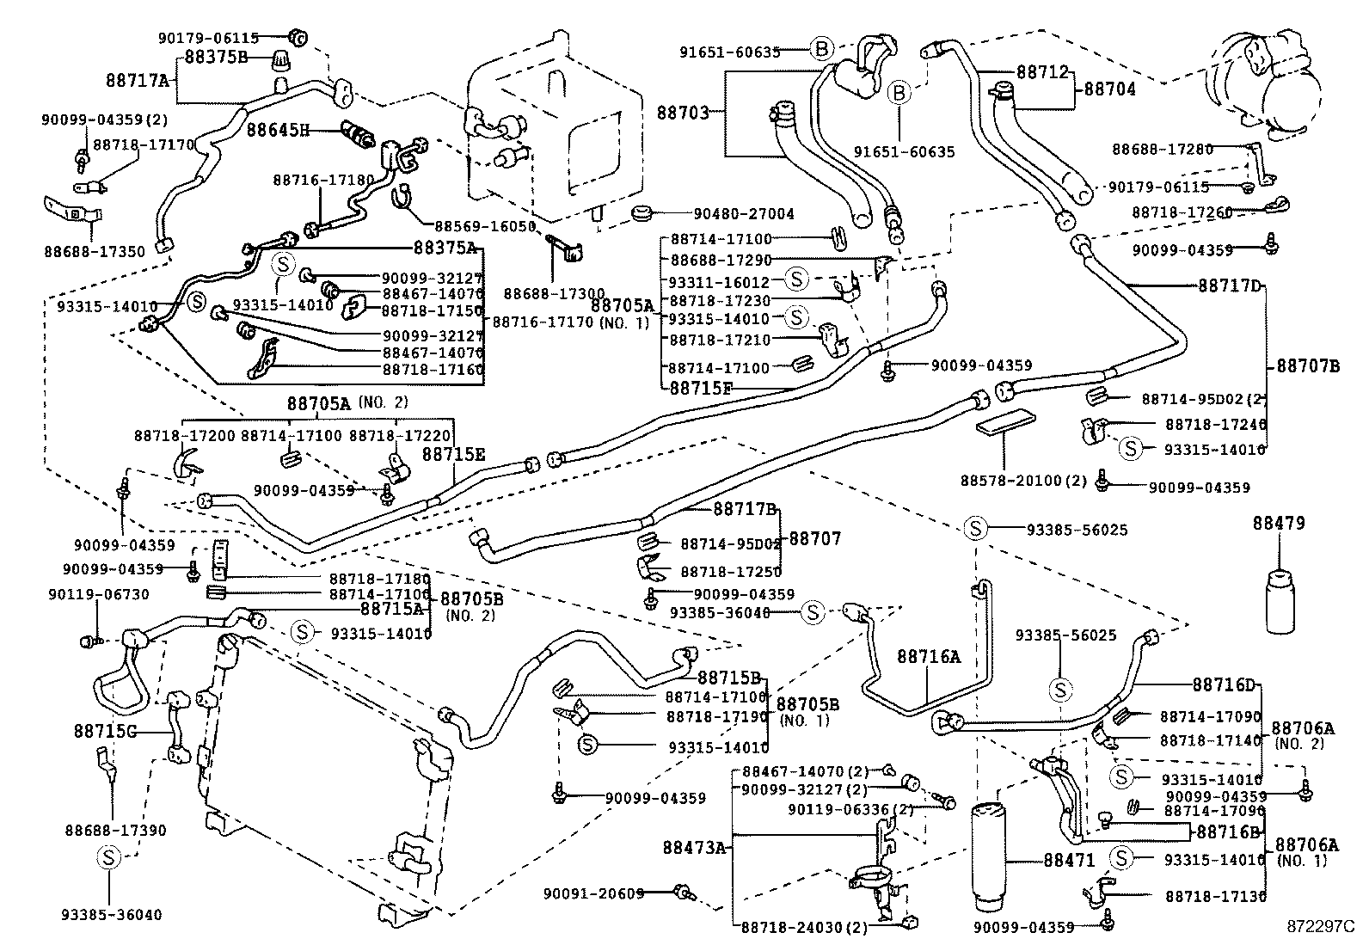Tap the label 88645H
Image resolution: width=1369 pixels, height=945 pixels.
[278, 131]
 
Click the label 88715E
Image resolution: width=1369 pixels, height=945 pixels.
[452, 454]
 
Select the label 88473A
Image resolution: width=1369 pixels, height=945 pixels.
[695, 848]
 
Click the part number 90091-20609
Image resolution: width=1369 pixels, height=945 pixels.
[593, 893]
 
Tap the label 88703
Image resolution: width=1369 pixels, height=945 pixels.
[684, 113]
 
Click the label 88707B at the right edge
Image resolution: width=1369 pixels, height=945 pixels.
[1307, 365]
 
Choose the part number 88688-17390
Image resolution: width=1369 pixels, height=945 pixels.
[115, 831]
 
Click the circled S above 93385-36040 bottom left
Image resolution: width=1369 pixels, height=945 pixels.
[108, 856]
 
